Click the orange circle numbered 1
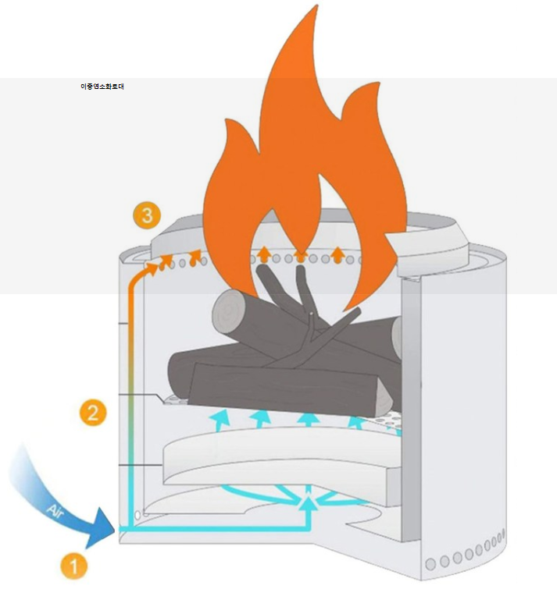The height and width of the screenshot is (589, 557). [74, 563]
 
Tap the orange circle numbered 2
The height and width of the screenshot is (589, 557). [93, 413]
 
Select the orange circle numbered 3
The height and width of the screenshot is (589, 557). [146, 215]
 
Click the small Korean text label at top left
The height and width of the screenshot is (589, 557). [102, 87]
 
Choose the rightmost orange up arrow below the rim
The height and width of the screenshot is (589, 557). [337, 254]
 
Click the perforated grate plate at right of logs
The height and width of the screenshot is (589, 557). [386, 422]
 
